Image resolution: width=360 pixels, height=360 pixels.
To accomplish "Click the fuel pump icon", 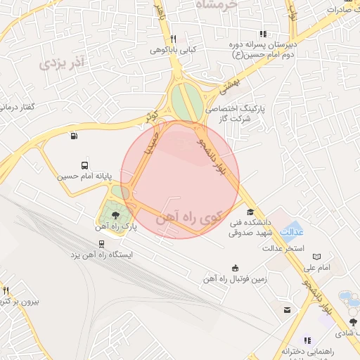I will coord(74,136).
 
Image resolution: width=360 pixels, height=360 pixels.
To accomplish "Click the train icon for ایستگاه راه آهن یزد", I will coord(103,243).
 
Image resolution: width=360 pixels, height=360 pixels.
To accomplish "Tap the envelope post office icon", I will coord(287,309).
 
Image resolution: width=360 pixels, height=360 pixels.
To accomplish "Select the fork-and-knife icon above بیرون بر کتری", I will coord(6,290).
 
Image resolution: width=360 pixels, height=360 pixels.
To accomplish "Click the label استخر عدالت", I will coord(282,248).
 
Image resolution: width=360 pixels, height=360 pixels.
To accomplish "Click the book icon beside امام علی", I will coord(316,257).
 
